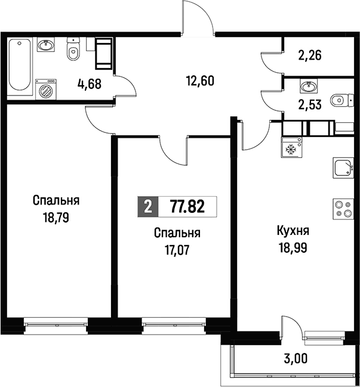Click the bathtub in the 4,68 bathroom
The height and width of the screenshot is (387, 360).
pos(20,66)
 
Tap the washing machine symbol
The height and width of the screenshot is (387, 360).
pos(46,89)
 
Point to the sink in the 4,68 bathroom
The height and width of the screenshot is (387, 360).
pos(46,45)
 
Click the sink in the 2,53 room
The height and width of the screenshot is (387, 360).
pos(309,86)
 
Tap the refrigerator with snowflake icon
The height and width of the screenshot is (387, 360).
pos(291,147)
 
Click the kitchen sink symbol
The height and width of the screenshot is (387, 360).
pos(343,168)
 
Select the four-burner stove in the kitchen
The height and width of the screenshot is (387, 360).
pos(343,209)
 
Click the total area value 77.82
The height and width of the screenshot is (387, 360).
pos(187,206)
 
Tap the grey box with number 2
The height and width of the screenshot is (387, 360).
pos(148,206)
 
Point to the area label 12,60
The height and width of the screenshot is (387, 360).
pos(200,81)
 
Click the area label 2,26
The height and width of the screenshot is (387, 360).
pos(310,55)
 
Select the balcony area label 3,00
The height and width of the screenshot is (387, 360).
pos(296,358)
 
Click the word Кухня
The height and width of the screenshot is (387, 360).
pos(293,231)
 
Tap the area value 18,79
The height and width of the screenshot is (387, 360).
pos(56,218)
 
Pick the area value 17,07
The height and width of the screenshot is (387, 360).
pos(177,250)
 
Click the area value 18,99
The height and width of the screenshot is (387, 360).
pos(293,247)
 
